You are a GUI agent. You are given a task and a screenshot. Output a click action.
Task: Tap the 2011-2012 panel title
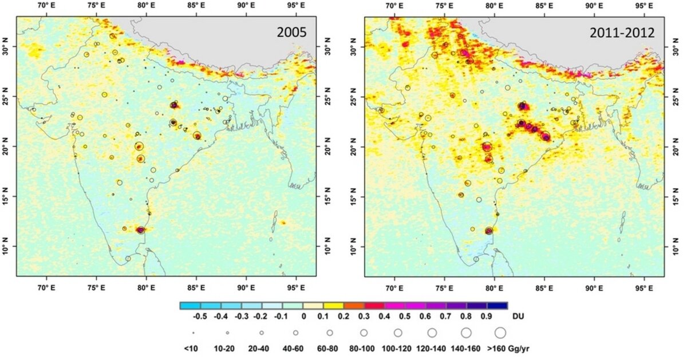622,33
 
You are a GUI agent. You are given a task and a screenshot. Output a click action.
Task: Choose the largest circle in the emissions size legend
500,332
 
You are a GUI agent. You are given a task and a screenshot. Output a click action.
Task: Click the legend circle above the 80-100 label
364,332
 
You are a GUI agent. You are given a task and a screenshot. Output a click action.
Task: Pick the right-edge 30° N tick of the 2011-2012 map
675,49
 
